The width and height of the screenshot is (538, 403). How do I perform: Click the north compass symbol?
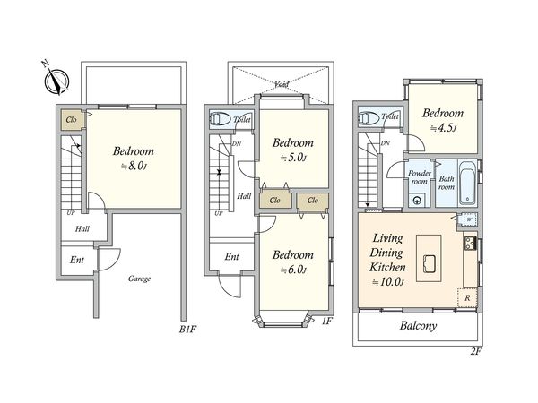pos(56,81)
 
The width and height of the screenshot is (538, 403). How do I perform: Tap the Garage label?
pos(139,279)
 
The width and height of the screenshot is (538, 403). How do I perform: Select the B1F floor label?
pos(187,330)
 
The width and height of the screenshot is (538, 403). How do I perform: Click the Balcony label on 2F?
pos(418,326)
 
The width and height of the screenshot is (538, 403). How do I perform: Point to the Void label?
pos(282,83)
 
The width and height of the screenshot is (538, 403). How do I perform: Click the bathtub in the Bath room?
pos(467,183)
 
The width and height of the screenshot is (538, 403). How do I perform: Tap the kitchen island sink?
pos(429,264)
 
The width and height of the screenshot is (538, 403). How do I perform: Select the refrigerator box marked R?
pos(467,297)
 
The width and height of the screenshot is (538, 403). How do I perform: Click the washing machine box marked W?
pos(469,219)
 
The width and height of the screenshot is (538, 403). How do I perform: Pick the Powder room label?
pos(420,177)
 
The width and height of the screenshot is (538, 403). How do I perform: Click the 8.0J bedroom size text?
pos(134,167)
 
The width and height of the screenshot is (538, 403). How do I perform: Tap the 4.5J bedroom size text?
pos(443,128)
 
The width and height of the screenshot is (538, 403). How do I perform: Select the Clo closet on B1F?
pos(72,120)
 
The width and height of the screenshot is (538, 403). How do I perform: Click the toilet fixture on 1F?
pos(220,119)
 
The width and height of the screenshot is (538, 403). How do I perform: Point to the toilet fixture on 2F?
pos(369,117)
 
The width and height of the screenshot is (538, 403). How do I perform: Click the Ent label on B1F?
pos(77,260)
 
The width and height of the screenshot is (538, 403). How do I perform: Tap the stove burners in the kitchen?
pos(469,244)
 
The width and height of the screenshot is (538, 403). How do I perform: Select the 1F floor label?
pos(326,322)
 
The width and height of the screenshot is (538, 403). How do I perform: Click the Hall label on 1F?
pos(244,196)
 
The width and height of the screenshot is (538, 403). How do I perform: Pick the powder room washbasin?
pos(417,201)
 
